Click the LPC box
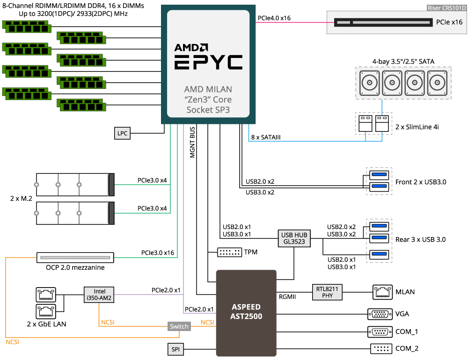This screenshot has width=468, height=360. (x=122, y=133)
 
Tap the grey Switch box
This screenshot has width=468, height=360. (x=180, y=326)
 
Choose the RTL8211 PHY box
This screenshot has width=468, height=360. (x=328, y=293)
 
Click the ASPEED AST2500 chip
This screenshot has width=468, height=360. (x=246, y=312)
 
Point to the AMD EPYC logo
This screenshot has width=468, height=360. (x=209, y=58)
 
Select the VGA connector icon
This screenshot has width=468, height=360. (x=380, y=314)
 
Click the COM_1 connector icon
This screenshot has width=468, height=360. (x=380, y=332)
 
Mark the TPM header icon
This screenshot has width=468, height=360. (x=229, y=252)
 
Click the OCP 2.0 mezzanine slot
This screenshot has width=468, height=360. (x=75, y=258)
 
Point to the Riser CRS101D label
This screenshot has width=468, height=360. (x=446, y=8)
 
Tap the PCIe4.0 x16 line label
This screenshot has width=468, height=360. (x=274, y=18)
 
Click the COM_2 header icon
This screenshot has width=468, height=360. (x=380, y=349)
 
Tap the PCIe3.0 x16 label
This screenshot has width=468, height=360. (x=158, y=253)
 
